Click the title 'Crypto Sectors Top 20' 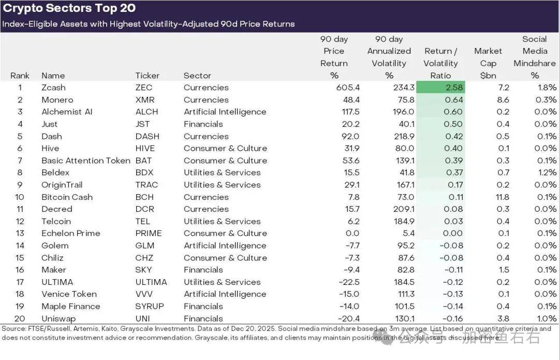pyautogui.click(x=69, y=8)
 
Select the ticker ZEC pyautogui.click(x=144, y=88)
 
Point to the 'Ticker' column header pyautogui.click(x=147, y=76)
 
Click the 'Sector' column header pyautogui.click(x=197, y=76)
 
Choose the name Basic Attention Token pyautogui.click(x=86, y=161)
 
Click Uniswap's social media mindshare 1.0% pyautogui.click(x=546, y=319)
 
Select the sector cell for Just pyautogui.click(x=203, y=124)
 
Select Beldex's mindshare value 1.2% pyautogui.click(x=546, y=173)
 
